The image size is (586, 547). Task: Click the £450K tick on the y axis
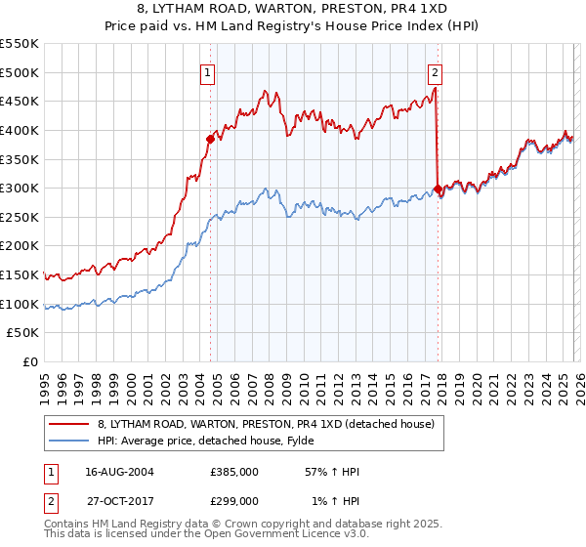coord(20,102)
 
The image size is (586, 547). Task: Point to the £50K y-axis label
coord(23,333)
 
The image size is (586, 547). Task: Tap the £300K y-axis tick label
coord(20,189)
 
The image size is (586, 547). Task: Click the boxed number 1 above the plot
coord(209,71)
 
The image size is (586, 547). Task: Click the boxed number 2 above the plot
coord(434,71)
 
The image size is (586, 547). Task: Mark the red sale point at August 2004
coord(210,139)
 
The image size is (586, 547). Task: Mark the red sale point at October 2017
coord(437,189)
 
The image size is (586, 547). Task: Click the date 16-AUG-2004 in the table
coord(118,472)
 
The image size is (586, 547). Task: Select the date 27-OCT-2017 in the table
coord(118,501)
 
